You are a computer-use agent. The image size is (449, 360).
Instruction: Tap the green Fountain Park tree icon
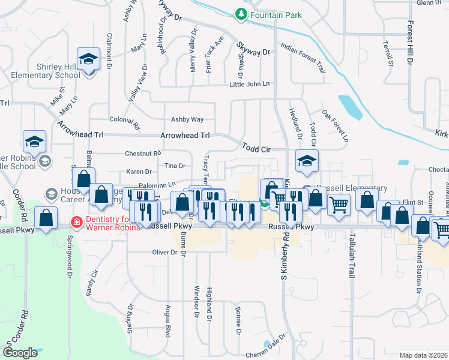[x=241, y=13]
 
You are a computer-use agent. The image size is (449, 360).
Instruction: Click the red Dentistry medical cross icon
[x=76, y=222]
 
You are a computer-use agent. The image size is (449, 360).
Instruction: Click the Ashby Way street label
[x=187, y=119]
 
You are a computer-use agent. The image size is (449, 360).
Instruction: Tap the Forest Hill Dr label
[x=410, y=42]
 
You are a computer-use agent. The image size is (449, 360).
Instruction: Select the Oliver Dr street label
[x=165, y=253]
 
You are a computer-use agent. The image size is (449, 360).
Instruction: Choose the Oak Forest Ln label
[x=334, y=125]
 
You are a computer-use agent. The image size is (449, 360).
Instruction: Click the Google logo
[x=20, y=352]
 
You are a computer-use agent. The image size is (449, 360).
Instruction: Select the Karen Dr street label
[x=139, y=172]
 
